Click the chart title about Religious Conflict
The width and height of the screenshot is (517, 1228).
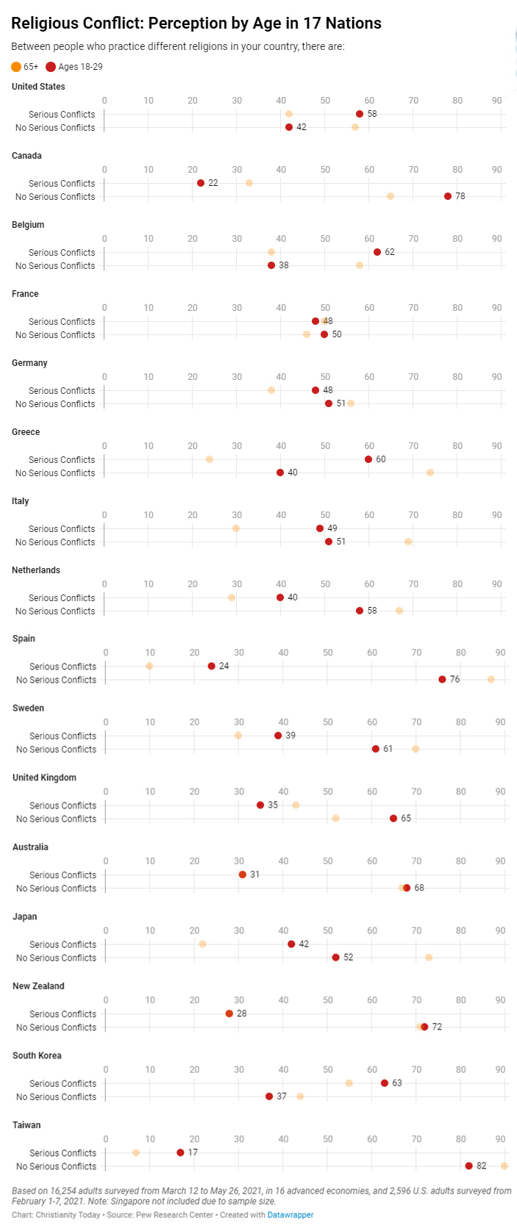[196, 24]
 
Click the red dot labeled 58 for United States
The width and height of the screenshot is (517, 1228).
[360, 114]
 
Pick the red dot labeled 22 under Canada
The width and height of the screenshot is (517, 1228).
[201, 183]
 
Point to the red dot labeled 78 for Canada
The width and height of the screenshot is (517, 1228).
[448, 196]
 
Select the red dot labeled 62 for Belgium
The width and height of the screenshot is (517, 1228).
[377, 252]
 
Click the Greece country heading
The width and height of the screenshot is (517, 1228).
[26, 432]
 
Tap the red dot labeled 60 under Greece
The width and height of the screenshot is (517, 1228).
[368, 459]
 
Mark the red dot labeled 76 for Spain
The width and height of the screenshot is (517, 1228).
[442, 680]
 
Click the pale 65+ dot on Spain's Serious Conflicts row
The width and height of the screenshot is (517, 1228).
[149, 666]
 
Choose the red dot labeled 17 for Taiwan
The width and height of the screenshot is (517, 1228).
[180, 1152]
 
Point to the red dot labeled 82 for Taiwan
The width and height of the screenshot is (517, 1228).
[469, 1166]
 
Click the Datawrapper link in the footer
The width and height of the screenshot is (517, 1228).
[290, 1215]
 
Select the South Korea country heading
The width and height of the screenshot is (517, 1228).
[37, 1055]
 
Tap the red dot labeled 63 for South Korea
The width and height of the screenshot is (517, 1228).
[385, 1083]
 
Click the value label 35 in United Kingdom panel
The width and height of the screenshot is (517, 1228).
[273, 805]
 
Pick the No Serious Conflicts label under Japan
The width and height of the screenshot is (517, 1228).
[56, 958]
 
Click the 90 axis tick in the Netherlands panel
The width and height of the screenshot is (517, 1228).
[497, 584]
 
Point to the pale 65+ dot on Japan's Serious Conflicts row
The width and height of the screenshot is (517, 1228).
[203, 944]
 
